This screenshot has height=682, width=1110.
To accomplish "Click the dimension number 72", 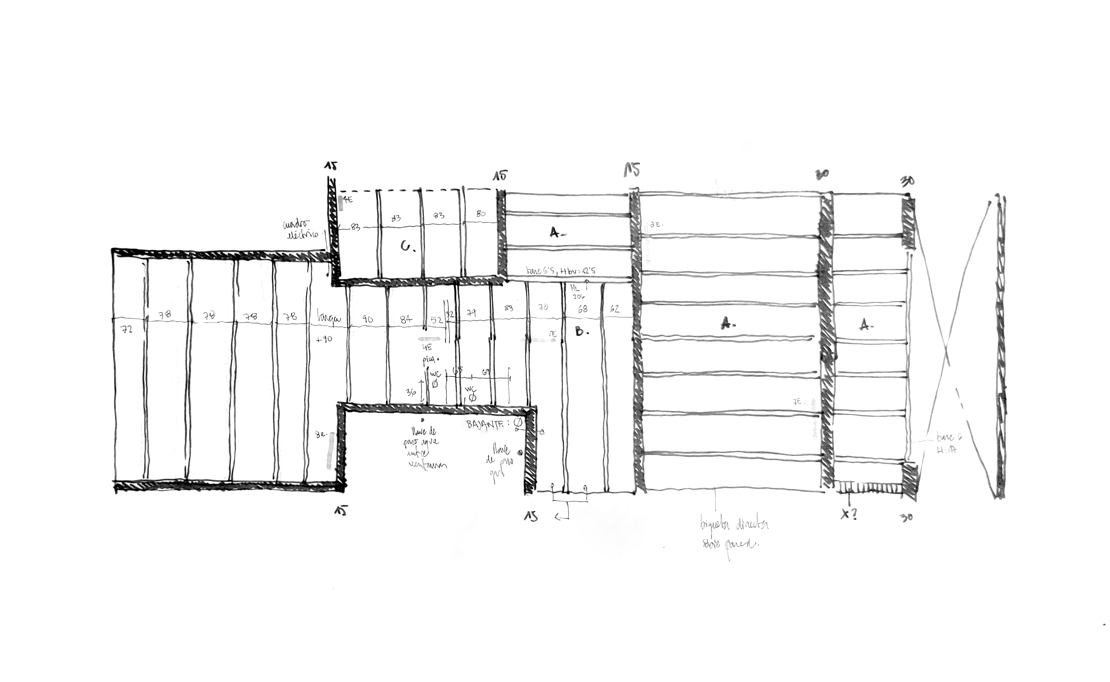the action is (x=128, y=329).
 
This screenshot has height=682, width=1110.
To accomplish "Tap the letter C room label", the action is (x=408, y=246).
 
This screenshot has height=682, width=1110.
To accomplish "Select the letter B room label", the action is (x=581, y=332).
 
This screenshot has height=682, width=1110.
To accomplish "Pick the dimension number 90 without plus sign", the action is (x=368, y=319).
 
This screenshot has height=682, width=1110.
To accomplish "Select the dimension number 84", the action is (x=406, y=319).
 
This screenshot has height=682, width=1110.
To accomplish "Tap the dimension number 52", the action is (x=437, y=320).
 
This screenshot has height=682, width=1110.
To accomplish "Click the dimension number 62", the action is (x=614, y=309).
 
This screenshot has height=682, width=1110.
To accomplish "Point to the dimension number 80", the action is (x=481, y=214).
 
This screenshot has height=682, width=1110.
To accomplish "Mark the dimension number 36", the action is (x=411, y=392).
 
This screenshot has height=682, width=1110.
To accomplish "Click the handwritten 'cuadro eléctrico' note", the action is (x=300, y=229).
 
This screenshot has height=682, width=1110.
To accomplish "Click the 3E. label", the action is (x=656, y=224).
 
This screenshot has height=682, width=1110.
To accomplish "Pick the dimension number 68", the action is (x=583, y=309).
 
